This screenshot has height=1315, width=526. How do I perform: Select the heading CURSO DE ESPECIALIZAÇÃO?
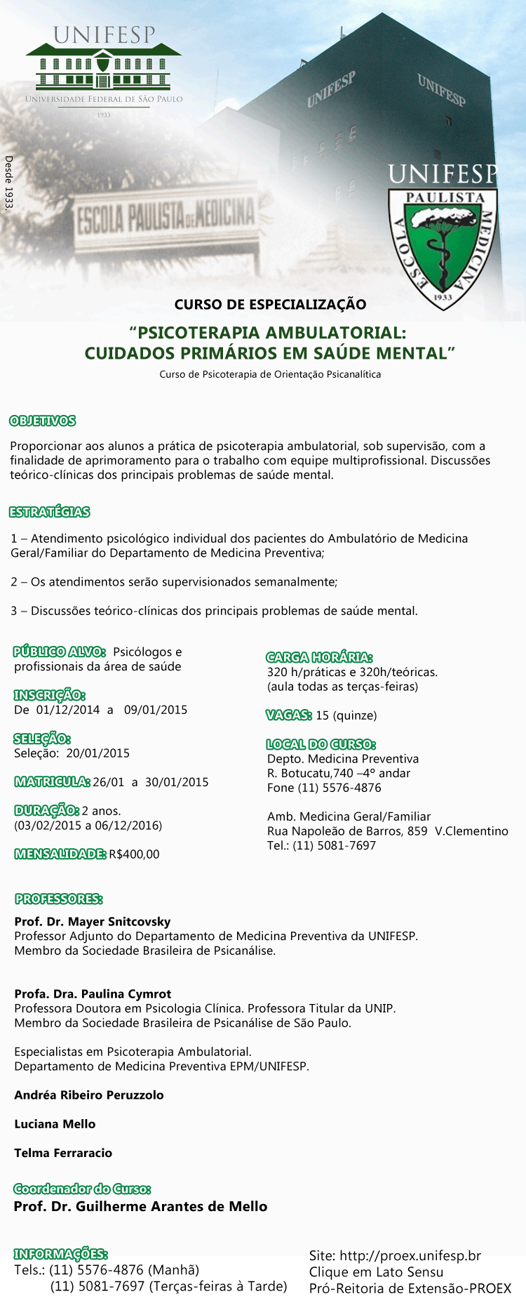pyautogui.click(x=270, y=304)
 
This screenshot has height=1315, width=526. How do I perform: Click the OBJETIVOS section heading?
pyautogui.click(x=42, y=421)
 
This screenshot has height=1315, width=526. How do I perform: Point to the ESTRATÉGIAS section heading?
pyautogui.click(x=50, y=512)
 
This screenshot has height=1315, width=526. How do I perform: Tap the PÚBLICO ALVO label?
pyautogui.click(x=59, y=652)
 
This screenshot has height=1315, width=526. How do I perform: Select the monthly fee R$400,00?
pyautogui.click(x=134, y=854)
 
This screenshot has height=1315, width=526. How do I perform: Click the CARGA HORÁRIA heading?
pyautogui.click(x=319, y=657)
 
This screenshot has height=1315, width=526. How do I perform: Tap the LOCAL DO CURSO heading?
pyautogui.click(x=321, y=744)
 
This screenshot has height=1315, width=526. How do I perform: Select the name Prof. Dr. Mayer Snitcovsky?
pyautogui.click(x=93, y=922)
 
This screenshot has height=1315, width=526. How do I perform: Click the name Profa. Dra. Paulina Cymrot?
pyautogui.click(x=93, y=994)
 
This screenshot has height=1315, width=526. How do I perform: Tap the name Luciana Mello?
pyautogui.click(x=55, y=1124)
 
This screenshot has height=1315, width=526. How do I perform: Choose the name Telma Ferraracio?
pyautogui.click(x=63, y=1153)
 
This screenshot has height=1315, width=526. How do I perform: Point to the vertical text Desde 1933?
pyautogui.click(x=8, y=183)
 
